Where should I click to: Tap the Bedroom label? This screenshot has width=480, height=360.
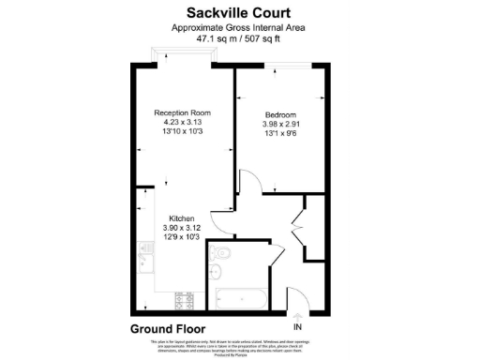click(281, 114)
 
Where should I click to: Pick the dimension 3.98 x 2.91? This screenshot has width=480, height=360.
click(281, 124)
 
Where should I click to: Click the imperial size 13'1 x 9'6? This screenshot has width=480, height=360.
click(281, 133)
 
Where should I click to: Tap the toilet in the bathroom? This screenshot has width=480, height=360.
click(221, 256)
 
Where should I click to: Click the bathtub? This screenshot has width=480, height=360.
click(241, 299)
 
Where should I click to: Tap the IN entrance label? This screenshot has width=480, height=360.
click(298, 327)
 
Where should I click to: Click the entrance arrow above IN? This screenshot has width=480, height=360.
click(298, 316)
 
